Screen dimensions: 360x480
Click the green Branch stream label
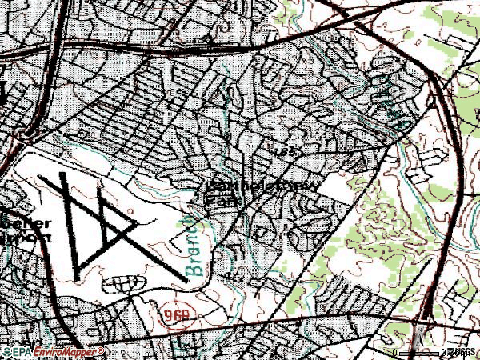(x=193, y=244)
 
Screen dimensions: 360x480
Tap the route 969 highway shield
(x=179, y=317)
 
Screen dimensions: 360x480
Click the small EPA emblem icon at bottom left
(x=6, y=352)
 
